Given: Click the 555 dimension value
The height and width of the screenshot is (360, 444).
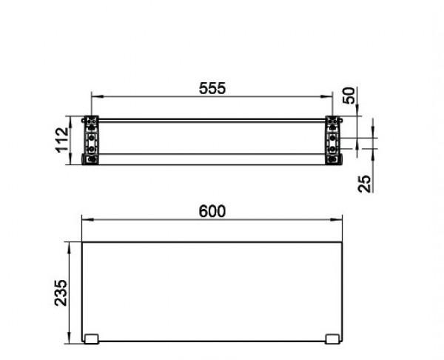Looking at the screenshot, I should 211,87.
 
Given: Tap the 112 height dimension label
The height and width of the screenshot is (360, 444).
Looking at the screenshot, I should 63,141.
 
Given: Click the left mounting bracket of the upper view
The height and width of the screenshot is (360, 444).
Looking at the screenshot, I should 91,140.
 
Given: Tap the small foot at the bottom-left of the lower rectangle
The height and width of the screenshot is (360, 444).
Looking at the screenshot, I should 92,339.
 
